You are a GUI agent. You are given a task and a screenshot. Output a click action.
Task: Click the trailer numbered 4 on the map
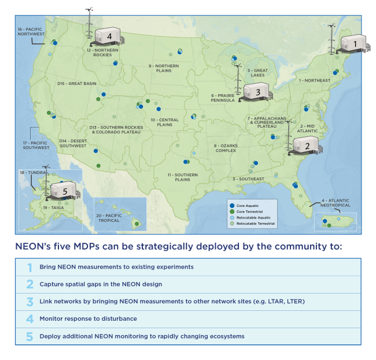(108, 36)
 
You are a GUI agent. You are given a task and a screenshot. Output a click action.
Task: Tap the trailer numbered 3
(257, 91)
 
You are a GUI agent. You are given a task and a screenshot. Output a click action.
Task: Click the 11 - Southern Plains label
(183, 177)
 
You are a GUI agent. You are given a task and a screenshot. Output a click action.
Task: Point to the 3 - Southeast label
(248, 179)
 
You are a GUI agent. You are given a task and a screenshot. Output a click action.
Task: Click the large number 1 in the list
(29, 267)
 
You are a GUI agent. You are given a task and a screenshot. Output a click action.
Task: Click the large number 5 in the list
(29, 336)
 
